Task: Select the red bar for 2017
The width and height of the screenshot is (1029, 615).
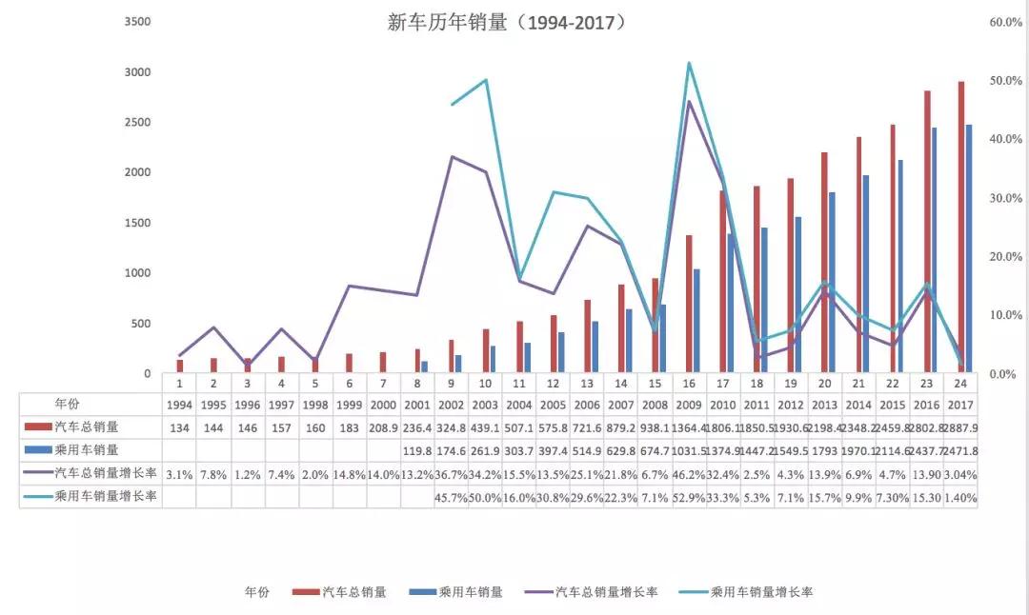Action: [x=960, y=228]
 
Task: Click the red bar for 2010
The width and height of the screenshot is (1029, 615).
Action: [x=722, y=282]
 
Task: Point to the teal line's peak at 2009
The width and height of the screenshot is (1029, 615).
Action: [x=688, y=64]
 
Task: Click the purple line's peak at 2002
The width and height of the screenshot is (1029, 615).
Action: [x=452, y=156]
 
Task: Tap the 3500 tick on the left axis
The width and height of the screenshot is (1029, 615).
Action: [x=138, y=22]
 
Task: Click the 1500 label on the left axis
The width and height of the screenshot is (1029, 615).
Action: [x=138, y=223]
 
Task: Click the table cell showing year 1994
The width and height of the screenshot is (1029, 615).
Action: [x=179, y=405]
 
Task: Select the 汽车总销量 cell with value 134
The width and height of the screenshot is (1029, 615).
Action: [x=179, y=427]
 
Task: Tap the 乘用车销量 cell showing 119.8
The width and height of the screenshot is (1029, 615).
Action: [x=417, y=450]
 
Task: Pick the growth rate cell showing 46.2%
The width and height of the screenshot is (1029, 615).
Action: [x=689, y=473]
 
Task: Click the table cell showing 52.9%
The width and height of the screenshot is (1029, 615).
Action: [x=689, y=497]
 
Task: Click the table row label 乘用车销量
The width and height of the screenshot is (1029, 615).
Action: [x=86, y=450]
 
